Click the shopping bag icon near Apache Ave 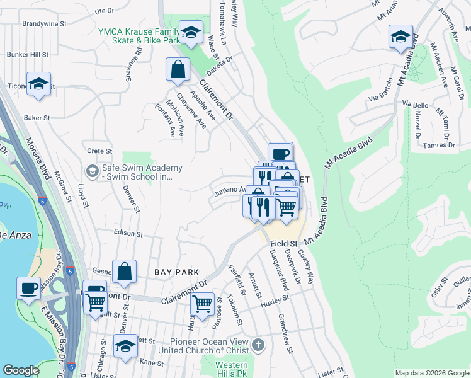(x=178, y=70)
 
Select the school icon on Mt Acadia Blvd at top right (x=400, y=37)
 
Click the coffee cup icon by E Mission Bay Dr (x=28, y=289)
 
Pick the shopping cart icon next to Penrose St (x=202, y=306)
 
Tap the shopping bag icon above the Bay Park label (x=125, y=272)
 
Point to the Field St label (x=284, y=243)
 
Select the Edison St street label (x=129, y=233)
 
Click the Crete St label (x=99, y=151)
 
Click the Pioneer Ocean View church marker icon (x=258, y=345)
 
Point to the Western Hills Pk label (x=231, y=369)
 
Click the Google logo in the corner (x=21, y=370)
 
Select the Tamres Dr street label (x=438, y=145)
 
